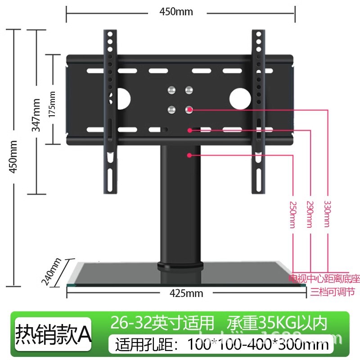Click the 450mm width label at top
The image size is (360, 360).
pos(176,12)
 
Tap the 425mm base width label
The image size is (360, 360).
pos(186,294)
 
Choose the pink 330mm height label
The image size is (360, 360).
pos(327,213)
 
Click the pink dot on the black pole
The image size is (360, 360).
pos(190,155)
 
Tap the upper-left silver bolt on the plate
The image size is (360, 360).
pos(171,89)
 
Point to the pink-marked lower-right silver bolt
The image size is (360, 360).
pos(189,109)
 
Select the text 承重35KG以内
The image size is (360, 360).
pos(275,323)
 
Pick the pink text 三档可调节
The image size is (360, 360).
pos(333,292)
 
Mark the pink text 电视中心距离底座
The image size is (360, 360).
pos(324,279)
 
